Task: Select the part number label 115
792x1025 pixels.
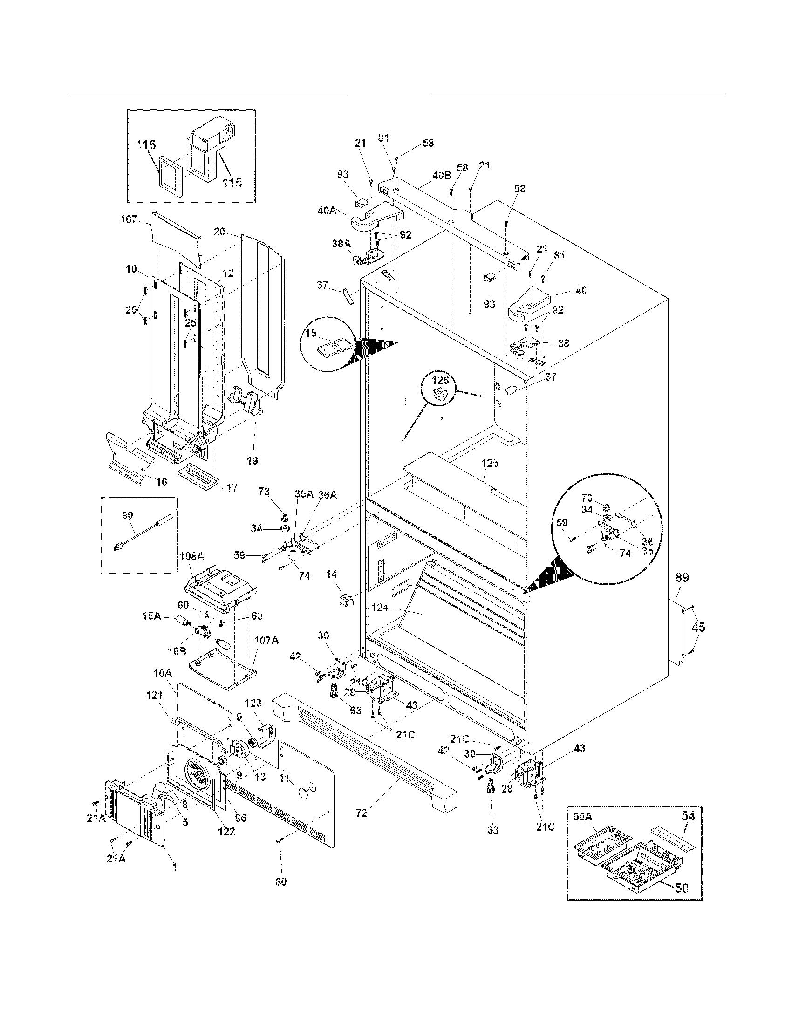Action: (232, 182)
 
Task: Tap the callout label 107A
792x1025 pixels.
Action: (266, 640)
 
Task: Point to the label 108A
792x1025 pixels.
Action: (192, 557)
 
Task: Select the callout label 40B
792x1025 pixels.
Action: (441, 176)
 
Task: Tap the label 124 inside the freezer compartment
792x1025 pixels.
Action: (380, 608)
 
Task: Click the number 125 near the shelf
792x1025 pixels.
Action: (489, 463)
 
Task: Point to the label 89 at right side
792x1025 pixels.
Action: (682, 578)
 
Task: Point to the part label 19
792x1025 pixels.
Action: (253, 460)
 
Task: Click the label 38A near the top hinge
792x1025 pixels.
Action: (341, 244)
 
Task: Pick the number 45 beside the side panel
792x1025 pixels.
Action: (699, 628)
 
